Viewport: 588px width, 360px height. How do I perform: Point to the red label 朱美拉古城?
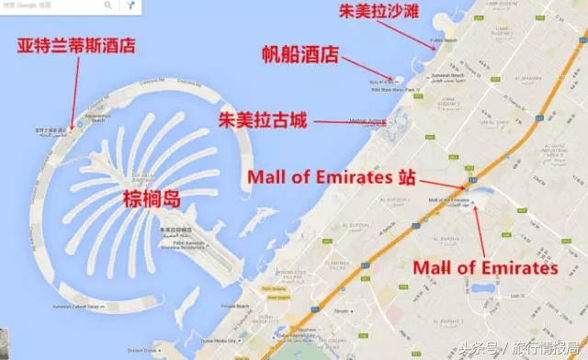[262, 120]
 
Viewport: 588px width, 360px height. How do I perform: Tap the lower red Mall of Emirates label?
[485, 268]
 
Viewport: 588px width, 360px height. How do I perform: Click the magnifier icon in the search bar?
[108, 6]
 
